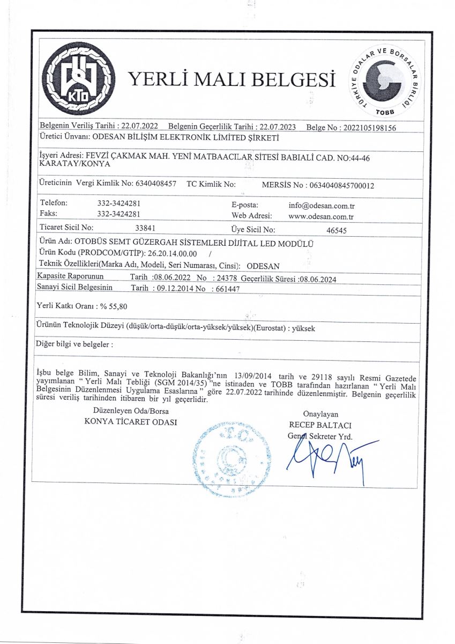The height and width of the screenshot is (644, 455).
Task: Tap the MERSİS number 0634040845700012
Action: click(x=339, y=185)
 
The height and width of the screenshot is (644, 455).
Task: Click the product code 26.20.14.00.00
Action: click(x=172, y=253)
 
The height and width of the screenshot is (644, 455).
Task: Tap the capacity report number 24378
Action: click(x=224, y=279)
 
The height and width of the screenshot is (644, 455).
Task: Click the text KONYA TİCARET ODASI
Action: click(x=130, y=421)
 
